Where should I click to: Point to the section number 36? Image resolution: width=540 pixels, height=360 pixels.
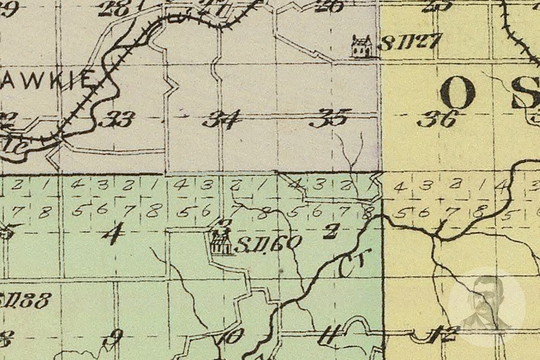pos(438,119)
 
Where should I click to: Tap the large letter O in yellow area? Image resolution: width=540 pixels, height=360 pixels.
pos(458,91)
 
